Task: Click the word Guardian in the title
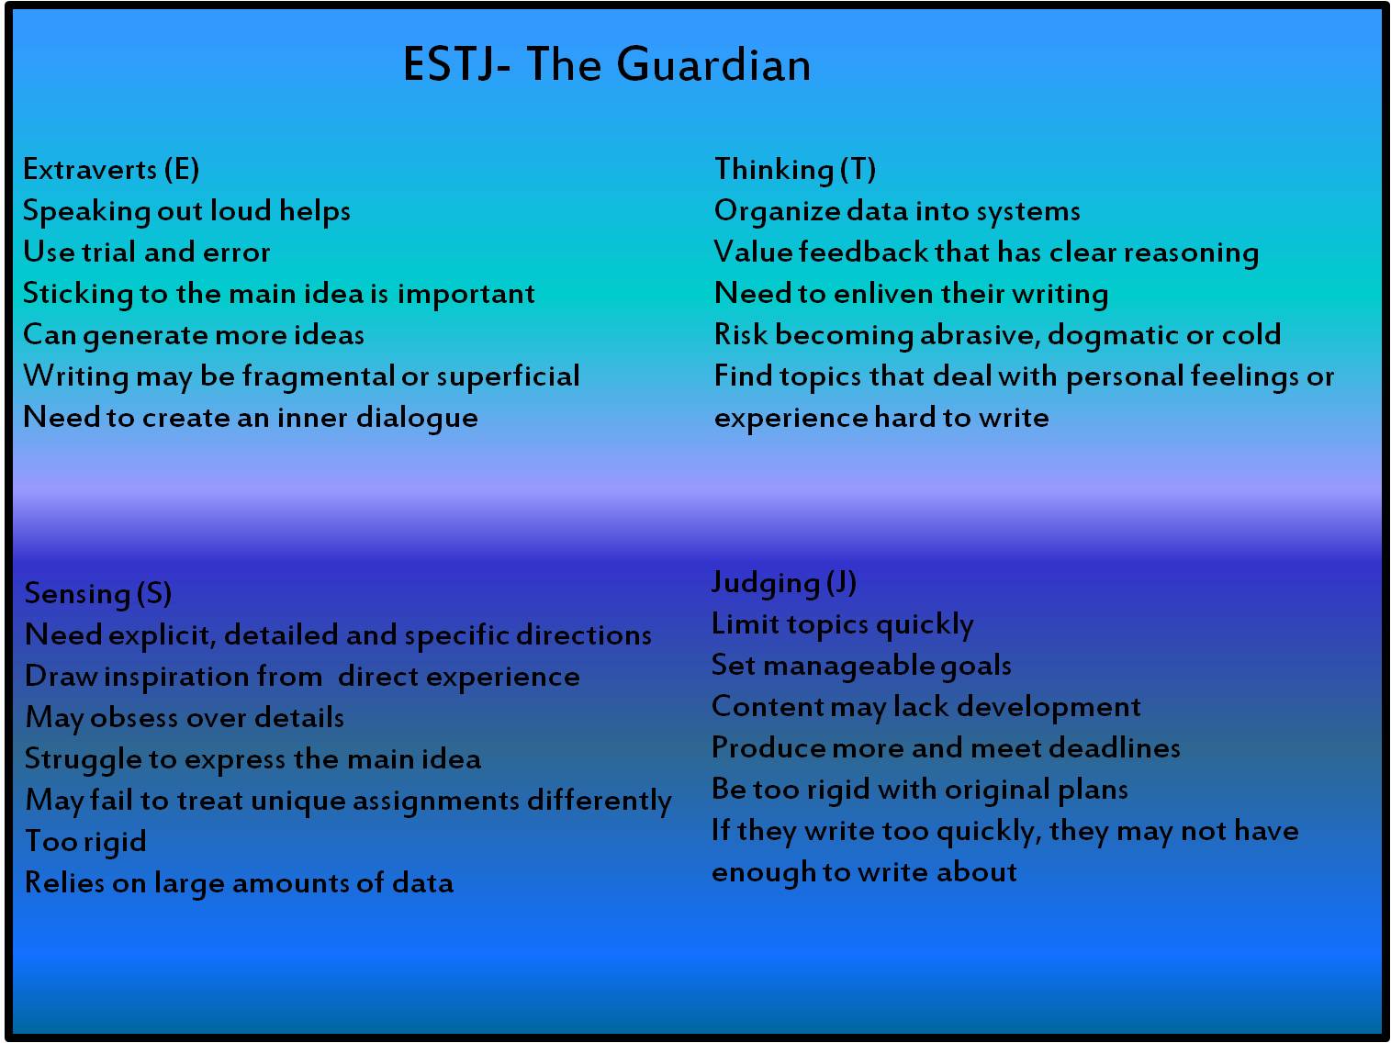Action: point(713,64)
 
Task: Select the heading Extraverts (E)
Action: point(111,170)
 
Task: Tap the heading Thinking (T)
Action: point(795,170)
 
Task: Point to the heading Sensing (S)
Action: point(97,594)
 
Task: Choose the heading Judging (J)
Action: point(784,583)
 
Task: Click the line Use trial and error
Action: point(146,252)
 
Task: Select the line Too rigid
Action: point(85,842)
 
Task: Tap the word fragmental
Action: point(318,376)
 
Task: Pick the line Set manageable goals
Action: point(861,666)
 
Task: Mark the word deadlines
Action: point(1114,747)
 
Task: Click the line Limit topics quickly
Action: point(842,624)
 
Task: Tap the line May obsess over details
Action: point(185,718)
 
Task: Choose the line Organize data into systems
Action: point(897,211)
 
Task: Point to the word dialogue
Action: point(416,419)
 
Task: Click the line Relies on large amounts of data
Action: point(239,883)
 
